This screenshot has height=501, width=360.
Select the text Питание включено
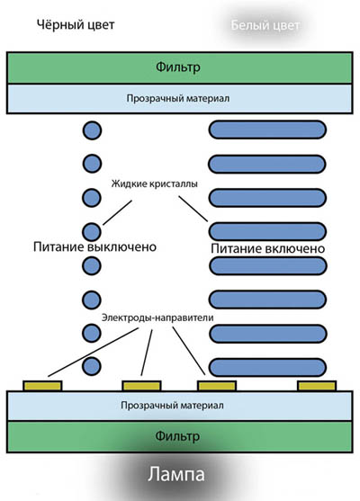(267, 248)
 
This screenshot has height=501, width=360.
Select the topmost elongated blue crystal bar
(267, 130)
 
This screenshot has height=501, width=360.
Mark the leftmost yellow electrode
(42, 386)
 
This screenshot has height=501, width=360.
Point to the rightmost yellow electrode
(317, 386)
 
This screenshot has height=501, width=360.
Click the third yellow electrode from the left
(217, 386)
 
